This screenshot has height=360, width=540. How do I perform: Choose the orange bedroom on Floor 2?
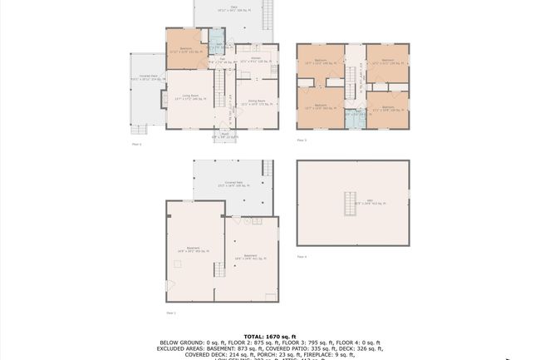188,48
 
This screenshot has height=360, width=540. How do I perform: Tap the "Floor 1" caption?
170,312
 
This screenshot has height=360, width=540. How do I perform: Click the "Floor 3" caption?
301,141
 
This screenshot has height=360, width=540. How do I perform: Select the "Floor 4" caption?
301,256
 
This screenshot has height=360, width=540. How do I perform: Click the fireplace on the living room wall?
164,98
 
